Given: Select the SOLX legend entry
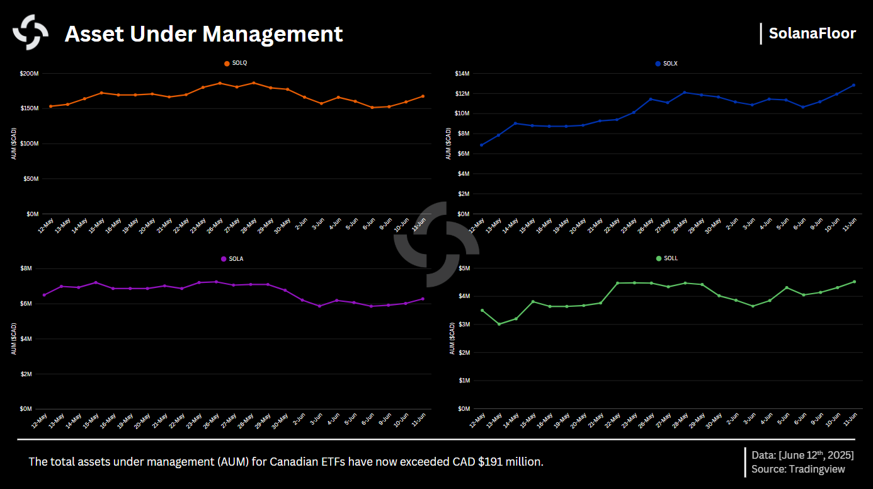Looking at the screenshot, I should click(670, 64).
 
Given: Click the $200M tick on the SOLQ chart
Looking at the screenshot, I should click(29, 74).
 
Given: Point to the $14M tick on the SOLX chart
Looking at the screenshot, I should click(462, 74).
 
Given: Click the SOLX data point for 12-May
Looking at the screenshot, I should click(482, 145).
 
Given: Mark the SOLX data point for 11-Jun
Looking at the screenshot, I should click(853, 85).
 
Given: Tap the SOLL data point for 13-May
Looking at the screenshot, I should click(499, 324).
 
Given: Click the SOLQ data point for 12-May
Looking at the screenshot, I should click(50, 106).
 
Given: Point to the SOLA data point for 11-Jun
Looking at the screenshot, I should click(423, 299).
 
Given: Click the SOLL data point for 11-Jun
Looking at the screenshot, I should click(854, 282).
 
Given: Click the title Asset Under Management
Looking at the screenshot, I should click(203, 34).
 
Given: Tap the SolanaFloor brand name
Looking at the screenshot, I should click(812, 33).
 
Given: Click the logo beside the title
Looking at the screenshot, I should click(31, 33).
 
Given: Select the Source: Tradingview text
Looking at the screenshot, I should click(798, 469).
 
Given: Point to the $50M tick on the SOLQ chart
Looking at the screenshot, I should click(30, 179).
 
